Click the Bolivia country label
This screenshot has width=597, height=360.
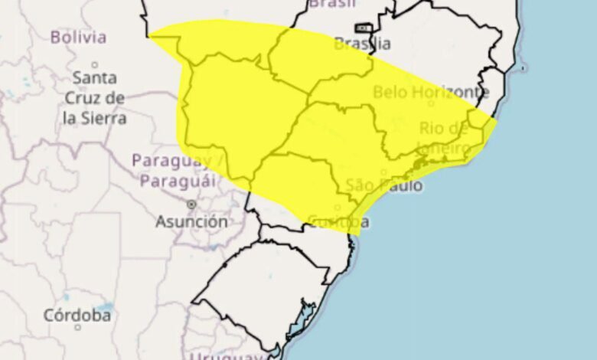click(x=77, y=37)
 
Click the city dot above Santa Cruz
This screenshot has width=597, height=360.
click(x=95, y=65)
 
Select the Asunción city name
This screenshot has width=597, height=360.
click(x=191, y=221)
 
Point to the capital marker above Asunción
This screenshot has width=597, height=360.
click(x=191, y=205)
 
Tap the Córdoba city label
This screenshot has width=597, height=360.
click(x=77, y=316)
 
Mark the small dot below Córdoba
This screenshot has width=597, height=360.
click(x=77, y=328)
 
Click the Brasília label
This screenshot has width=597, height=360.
click(x=363, y=44)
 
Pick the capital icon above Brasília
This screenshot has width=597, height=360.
click(x=364, y=28)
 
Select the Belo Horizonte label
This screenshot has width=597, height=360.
click(x=431, y=93)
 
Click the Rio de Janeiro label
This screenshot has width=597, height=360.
click(x=444, y=137)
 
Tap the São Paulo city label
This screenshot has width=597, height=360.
click(x=383, y=185)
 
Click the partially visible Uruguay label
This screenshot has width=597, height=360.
click(x=237, y=355)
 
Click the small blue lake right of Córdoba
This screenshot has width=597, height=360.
click(x=106, y=309)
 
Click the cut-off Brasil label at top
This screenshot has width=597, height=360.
click(x=334, y=5)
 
